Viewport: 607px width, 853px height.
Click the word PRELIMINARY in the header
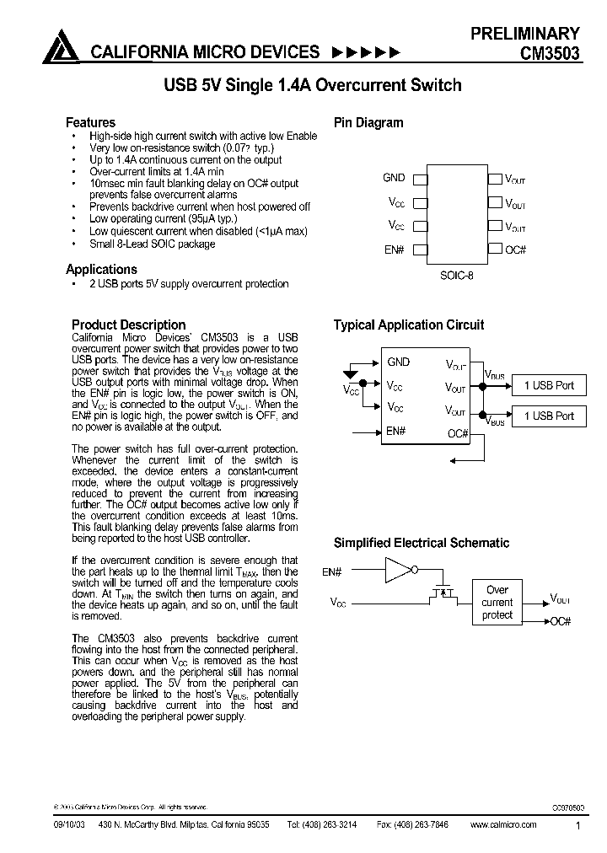tap(524, 34)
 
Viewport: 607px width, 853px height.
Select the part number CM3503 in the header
tap(549, 53)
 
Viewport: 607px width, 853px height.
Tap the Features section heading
tap(90, 122)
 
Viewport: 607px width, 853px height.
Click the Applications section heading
tap(101, 269)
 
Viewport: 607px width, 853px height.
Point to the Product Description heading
tap(128, 325)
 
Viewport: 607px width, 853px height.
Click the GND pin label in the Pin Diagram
tap(394, 178)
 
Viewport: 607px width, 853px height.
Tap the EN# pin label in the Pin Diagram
tap(395, 249)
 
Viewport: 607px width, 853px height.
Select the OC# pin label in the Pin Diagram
tap(515, 249)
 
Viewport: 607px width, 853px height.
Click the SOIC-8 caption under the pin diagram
tap(456, 275)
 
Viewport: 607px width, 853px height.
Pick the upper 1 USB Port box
tap(548, 385)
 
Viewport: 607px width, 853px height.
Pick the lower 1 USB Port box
tap(548, 416)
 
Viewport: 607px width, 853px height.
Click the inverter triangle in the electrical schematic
tap(396, 571)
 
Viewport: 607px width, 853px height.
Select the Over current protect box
tap(497, 603)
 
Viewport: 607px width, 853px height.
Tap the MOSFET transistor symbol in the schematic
tap(442, 595)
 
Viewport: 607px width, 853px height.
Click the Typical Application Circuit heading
tap(408, 325)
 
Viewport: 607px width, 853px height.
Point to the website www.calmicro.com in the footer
tap(502, 825)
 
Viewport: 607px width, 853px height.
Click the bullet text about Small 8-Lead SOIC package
tap(152, 244)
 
